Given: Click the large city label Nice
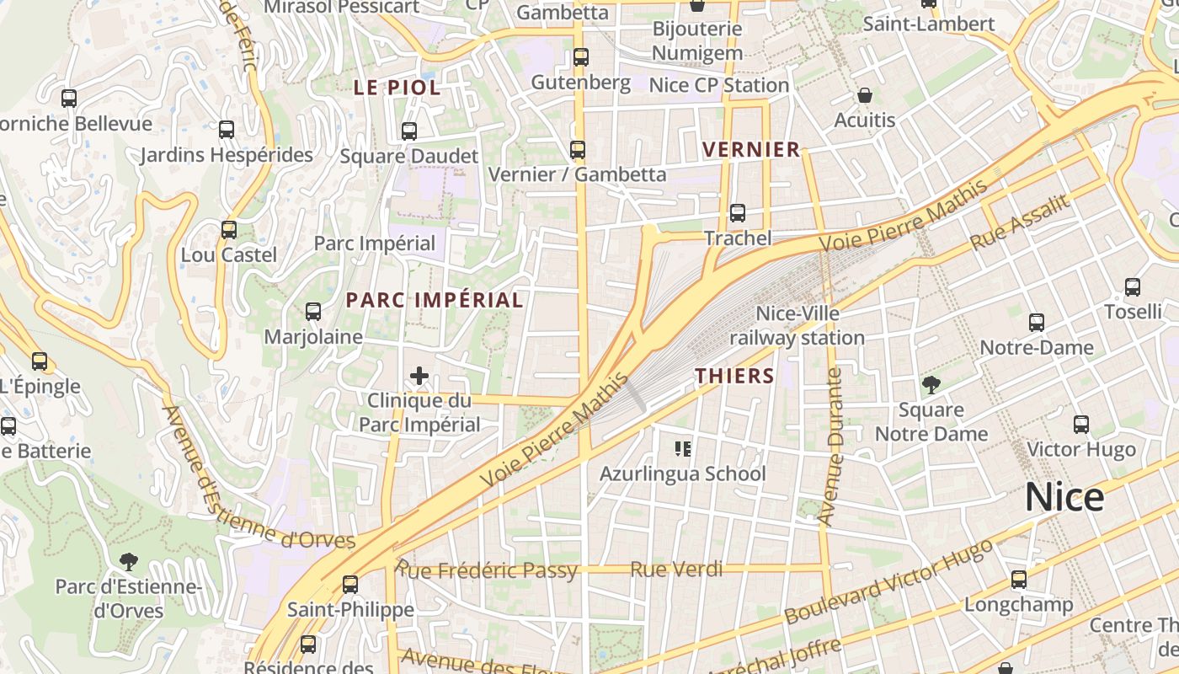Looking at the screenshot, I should [1064, 497].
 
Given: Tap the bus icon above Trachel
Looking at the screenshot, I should [738, 213].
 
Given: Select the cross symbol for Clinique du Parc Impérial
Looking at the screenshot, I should [419, 376].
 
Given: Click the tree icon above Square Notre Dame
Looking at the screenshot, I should [931, 386].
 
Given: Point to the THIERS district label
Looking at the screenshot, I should [734, 376].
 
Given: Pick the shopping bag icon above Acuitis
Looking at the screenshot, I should [864, 95].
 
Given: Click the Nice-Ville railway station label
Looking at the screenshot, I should [797, 326].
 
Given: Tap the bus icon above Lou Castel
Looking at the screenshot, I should [228, 230].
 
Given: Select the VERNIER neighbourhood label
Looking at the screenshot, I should [751, 150].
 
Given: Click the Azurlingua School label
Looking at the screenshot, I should [682, 473].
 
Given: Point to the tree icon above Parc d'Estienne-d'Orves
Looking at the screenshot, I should [128, 561].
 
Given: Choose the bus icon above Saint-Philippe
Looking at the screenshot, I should [350, 584].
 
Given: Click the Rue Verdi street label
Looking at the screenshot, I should [676, 570].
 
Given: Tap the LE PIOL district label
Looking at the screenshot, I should [397, 88].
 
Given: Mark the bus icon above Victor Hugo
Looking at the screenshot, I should [1081, 425].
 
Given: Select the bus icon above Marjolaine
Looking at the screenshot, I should [313, 312].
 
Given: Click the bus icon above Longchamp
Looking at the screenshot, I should [1019, 580].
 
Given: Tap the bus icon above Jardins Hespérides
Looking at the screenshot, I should [226, 130].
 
